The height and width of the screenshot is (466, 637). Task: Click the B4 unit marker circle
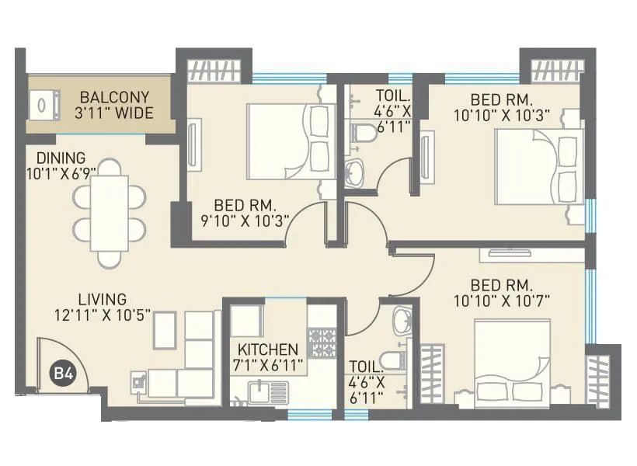pos(62,374)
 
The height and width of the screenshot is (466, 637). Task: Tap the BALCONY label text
pos(114,98)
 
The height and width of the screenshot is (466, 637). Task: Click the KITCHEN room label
pos(267,349)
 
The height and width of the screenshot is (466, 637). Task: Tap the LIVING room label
pos(102,299)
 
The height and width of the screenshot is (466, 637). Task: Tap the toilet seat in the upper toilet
pos(363,133)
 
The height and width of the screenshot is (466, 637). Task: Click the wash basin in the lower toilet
pos(402,319)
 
